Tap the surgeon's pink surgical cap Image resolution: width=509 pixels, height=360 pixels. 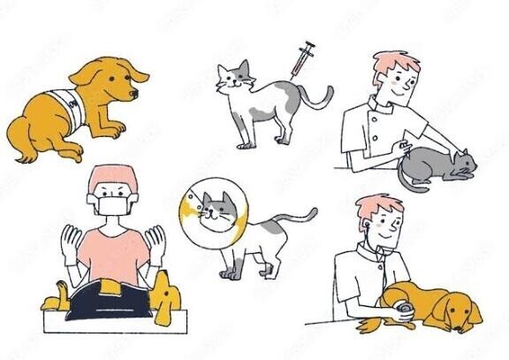coord(110,176)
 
